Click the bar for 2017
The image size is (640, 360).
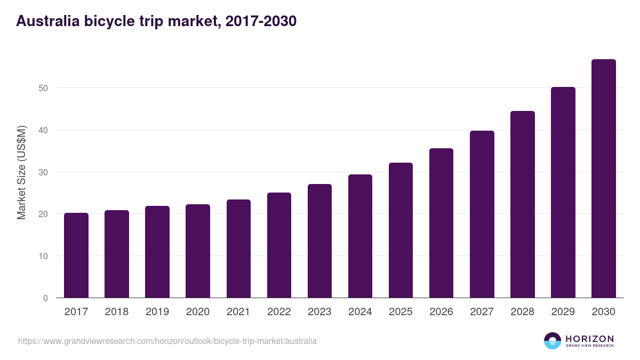(x=76, y=255)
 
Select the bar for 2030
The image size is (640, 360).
(x=603, y=179)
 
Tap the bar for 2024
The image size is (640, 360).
(x=360, y=236)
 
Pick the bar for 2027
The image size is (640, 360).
(x=482, y=214)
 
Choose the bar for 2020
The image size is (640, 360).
(x=198, y=251)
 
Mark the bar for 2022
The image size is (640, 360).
(x=279, y=245)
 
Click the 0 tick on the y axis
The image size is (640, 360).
(x=45, y=298)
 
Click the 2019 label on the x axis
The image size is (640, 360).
(x=157, y=312)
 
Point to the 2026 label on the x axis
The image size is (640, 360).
(x=441, y=312)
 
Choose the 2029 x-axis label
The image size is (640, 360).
(x=563, y=312)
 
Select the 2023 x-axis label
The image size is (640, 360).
(x=319, y=312)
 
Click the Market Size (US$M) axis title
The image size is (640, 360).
(x=21, y=172)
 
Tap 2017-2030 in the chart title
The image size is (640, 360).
(x=261, y=21)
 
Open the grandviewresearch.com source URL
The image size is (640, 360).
(x=167, y=341)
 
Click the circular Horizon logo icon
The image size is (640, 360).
(x=553, y=341)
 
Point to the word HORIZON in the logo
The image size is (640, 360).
(x=589, y=338)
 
